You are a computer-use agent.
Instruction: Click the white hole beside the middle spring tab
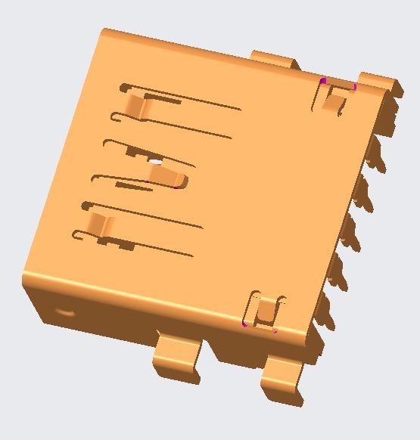[x=155, y=161]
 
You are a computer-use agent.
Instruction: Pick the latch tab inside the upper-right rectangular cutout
[x=333, y=100]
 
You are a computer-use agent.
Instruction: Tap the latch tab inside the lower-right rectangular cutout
[x=264, y=311]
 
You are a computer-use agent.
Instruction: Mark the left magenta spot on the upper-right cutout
[x=323, y=80]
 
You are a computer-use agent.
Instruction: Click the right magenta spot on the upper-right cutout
[x=354, y=87]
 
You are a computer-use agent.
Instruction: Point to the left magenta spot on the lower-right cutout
[x=244, y=324]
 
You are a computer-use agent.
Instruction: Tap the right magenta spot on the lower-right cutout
[x=275, y=330]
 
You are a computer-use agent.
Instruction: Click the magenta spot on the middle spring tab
[x=176, y=186]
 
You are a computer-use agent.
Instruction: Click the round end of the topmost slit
[x=123, y=88]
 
